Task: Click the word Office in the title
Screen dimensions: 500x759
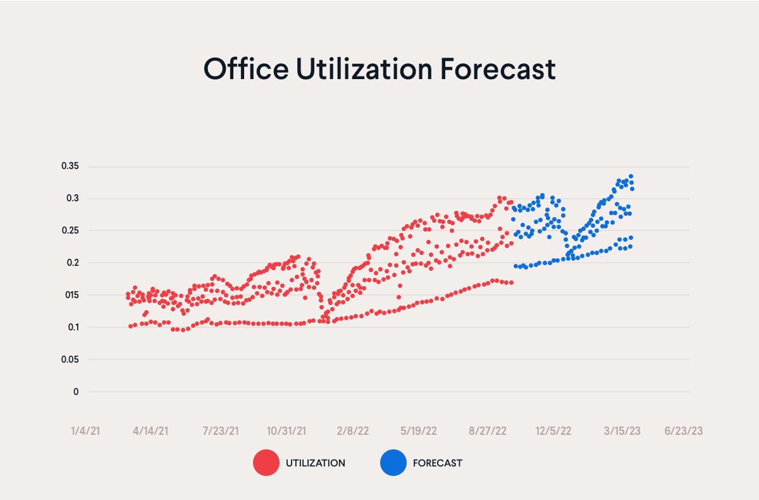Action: [245, 68]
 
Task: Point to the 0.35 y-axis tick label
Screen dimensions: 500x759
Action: [70, 166]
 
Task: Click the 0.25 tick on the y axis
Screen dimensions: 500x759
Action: [70, 230]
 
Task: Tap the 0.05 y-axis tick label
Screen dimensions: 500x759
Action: [70, 359]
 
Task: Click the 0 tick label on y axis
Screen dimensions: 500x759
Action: [76, 392]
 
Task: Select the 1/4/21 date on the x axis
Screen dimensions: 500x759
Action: [85, 431]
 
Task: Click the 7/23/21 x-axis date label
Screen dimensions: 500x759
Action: [220, 431]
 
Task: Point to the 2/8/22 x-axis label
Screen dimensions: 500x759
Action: [353, 431]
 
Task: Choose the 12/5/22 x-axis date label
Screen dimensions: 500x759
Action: [553, 431]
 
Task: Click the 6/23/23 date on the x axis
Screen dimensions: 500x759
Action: [683, 431]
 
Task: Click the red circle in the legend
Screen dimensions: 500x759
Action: [266, 463]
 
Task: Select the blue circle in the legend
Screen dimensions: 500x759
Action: [393, 463]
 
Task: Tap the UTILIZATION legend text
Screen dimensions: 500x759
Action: [315, 463]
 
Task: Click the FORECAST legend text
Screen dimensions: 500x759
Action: [437, 463]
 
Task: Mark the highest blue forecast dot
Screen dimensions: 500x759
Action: [631, 177]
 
